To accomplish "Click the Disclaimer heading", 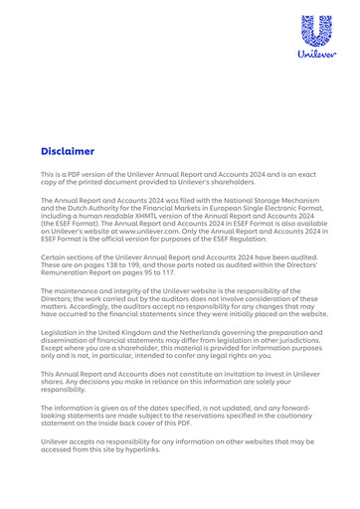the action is [68, 152].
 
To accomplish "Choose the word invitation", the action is [234, 374].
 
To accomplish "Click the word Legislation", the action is [61, 330].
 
